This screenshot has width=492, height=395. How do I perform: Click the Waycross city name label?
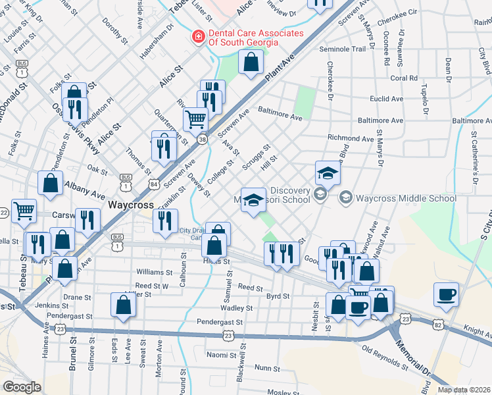tap(130, 205)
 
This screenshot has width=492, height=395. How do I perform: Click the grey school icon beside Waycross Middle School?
tap(345, 197)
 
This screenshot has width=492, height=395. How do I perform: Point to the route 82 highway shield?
tap(438, 324)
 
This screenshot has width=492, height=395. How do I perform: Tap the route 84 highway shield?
tap(153, 180)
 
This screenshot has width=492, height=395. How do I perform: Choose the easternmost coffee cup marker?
tap(447, 294)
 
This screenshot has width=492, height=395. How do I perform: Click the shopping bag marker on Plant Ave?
tap(251, 63)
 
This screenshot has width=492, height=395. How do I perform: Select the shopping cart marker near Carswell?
tap(24, 211)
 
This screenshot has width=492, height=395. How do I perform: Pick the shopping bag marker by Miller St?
tap(123, 305)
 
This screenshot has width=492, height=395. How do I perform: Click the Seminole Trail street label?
tap(342, 49)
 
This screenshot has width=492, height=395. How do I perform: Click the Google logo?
tap(22, 387)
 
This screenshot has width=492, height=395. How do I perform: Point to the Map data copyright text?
tap(464, 389)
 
